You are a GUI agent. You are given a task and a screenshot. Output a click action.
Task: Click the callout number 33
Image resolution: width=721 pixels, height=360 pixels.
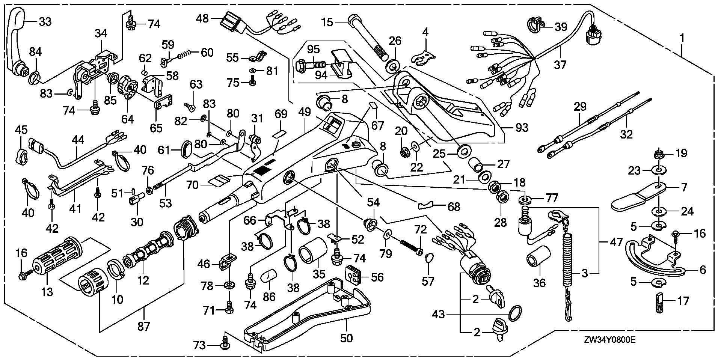pos(45,22)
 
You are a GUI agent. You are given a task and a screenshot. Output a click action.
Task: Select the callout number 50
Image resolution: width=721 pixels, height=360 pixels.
pos(346,338)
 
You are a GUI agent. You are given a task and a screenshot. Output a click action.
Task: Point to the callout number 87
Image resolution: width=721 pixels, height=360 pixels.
pos(143,327)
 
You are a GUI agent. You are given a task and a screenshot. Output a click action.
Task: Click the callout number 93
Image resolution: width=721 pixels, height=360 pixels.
pos(522,128)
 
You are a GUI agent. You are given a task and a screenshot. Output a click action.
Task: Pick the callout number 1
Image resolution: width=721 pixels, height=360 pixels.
pos(682,38)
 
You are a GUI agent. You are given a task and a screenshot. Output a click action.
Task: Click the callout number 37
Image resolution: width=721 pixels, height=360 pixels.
pos(560,65)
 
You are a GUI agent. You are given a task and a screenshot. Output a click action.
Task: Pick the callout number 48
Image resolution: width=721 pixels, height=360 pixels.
pos(203,18)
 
